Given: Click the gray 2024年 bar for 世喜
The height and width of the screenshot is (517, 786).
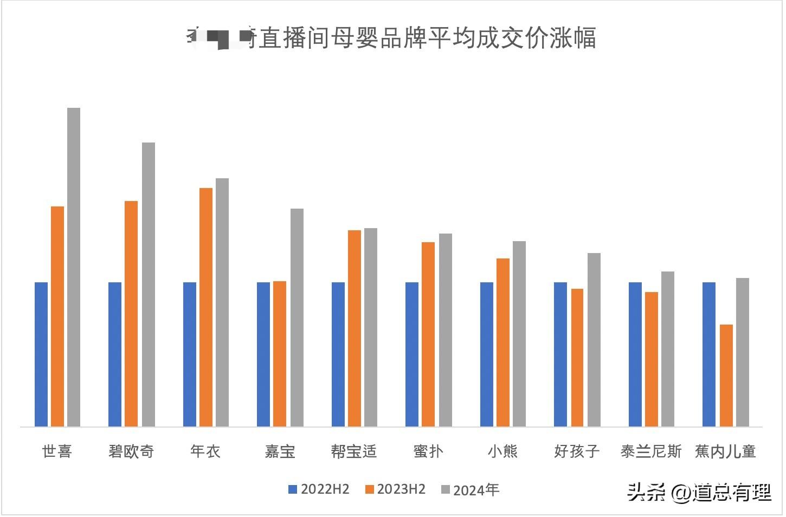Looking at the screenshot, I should click(x=74, y=267).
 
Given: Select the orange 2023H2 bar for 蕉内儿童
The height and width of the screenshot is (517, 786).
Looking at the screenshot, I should click(x=726, y=376).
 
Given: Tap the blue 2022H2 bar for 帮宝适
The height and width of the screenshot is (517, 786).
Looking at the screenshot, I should click(x=338, y=354).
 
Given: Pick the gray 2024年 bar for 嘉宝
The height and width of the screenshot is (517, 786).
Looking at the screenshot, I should click(x=297, y=318).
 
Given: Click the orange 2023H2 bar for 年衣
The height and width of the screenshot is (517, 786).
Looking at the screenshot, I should click(x=206, y=307).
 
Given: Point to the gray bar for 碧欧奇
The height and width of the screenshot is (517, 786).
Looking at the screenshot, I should click(x=149, y=285).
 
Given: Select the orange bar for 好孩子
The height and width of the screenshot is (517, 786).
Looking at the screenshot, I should click(x=577, y=358).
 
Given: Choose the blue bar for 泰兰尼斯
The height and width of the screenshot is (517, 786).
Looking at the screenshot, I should click(x=635, y=354).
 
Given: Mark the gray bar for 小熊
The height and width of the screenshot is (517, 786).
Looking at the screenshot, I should click(x=519, y=334).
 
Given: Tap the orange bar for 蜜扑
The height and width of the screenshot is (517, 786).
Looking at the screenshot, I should click(x=428, y=334).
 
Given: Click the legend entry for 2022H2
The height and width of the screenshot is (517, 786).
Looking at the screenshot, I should click(x=319, y=489).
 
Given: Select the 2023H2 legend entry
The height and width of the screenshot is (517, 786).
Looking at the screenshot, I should click(x=395, y=489).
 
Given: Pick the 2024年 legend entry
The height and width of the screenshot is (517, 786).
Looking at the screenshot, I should click(x=469, y=490).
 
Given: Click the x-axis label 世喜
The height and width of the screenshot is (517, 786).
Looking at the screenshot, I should click(x=57, y=451).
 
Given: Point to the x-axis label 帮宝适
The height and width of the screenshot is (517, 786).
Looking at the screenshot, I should click(x=353, y=451).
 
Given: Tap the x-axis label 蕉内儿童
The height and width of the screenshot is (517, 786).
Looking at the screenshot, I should click(x=725, y=451).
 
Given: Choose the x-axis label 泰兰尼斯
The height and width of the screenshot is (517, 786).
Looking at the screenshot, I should click(x=651, y=451).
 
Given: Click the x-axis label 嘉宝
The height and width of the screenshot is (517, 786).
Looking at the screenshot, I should click(x=280, y=451).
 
